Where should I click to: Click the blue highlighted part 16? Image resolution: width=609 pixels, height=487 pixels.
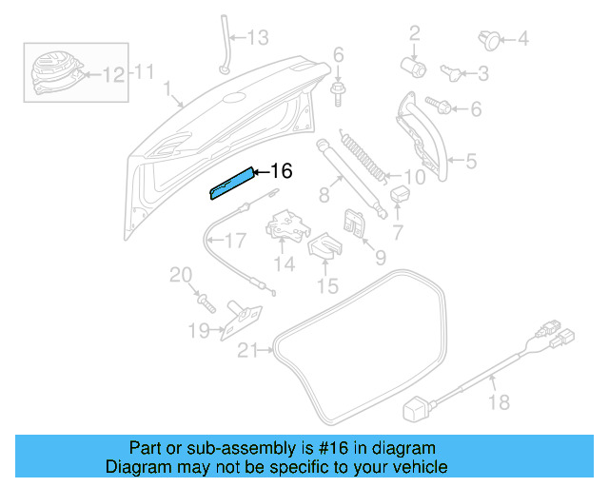point(233,183)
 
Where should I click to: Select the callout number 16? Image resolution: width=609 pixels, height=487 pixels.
point(281,171)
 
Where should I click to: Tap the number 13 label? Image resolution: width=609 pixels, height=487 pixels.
point(259,38)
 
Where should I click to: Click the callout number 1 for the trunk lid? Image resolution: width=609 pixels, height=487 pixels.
point(167,90)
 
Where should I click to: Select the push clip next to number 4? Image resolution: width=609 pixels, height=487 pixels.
point(488,39)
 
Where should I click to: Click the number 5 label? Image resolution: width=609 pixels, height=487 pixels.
point(470,162)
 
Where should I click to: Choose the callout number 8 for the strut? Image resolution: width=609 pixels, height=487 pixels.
point(324,196)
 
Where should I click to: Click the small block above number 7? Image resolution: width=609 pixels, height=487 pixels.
point(399,194)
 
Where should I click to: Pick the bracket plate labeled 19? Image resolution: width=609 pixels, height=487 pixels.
point(243,318)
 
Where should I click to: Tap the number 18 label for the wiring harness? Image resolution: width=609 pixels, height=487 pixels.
point(499,402)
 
